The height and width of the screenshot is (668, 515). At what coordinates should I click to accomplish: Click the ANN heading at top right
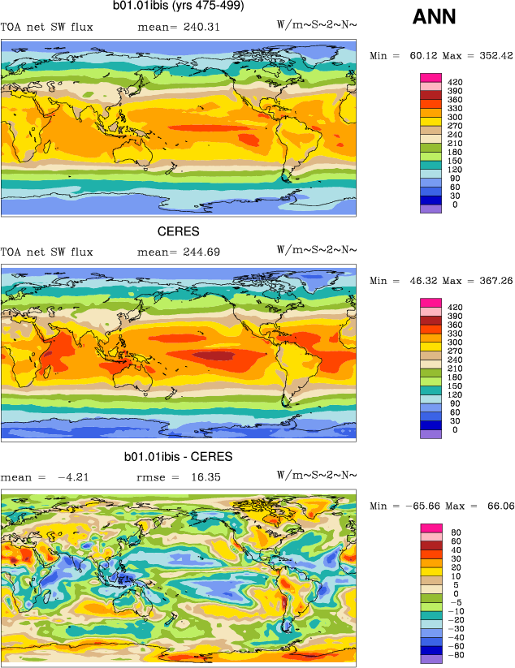434,16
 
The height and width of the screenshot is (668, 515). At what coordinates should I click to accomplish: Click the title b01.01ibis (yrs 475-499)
178,6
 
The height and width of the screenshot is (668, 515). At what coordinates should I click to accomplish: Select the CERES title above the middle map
178,231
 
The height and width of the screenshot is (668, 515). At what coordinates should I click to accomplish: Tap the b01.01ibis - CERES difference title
178,457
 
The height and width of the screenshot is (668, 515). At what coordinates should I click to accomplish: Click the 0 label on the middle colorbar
454,430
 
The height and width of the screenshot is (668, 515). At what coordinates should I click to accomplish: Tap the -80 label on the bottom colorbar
455,655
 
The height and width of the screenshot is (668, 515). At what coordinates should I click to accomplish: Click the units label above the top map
317,27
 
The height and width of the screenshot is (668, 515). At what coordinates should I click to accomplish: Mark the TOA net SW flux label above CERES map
46,252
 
